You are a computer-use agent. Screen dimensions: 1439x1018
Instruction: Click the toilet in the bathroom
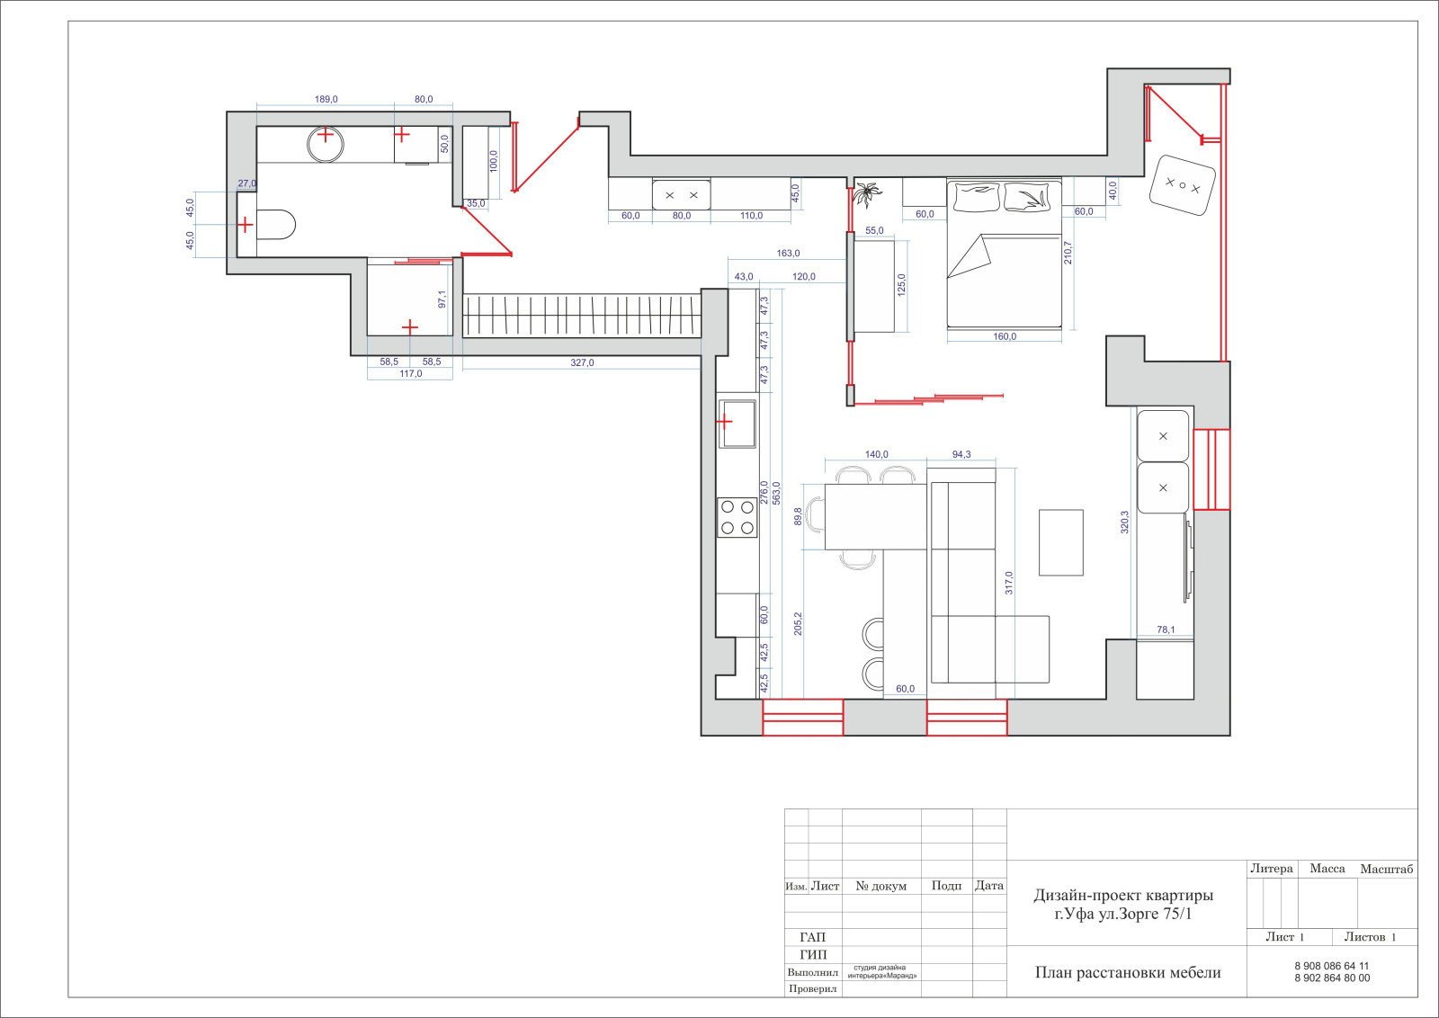(275, 225)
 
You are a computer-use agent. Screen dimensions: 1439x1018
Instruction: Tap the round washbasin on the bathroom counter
(326, 145)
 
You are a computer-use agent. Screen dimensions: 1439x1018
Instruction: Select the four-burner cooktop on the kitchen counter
(737, 518)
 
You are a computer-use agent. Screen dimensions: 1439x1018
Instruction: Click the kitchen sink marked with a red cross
(737, 424)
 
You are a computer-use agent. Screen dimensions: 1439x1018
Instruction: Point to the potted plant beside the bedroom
(867, 194)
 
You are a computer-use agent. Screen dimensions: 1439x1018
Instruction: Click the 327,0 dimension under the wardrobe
(582, 363)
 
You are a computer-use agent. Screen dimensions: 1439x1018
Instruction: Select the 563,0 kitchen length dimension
(776, 494)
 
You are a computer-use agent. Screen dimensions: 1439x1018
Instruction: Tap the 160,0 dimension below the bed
(1005, 336)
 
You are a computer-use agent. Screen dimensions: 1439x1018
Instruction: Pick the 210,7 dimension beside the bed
(1068, 253)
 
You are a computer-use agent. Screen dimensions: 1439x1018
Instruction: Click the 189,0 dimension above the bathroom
(326, 100)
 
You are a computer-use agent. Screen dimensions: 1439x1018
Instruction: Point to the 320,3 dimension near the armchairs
(1124, 522)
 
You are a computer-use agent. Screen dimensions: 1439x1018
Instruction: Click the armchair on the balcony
(1182, 185)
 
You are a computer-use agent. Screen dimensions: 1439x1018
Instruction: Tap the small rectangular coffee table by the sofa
(1061, 542)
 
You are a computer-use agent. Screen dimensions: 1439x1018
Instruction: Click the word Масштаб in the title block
(1386, 869)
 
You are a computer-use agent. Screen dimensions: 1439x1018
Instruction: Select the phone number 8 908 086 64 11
(1332, 966)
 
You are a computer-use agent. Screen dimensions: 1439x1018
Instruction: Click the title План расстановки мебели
(1128, 973)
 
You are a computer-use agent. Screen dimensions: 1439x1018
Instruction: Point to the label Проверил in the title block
(813, 989)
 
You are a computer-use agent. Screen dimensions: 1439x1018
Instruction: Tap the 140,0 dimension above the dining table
(876, 455)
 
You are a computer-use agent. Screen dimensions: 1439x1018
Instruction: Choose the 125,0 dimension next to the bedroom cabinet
(900, 284)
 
